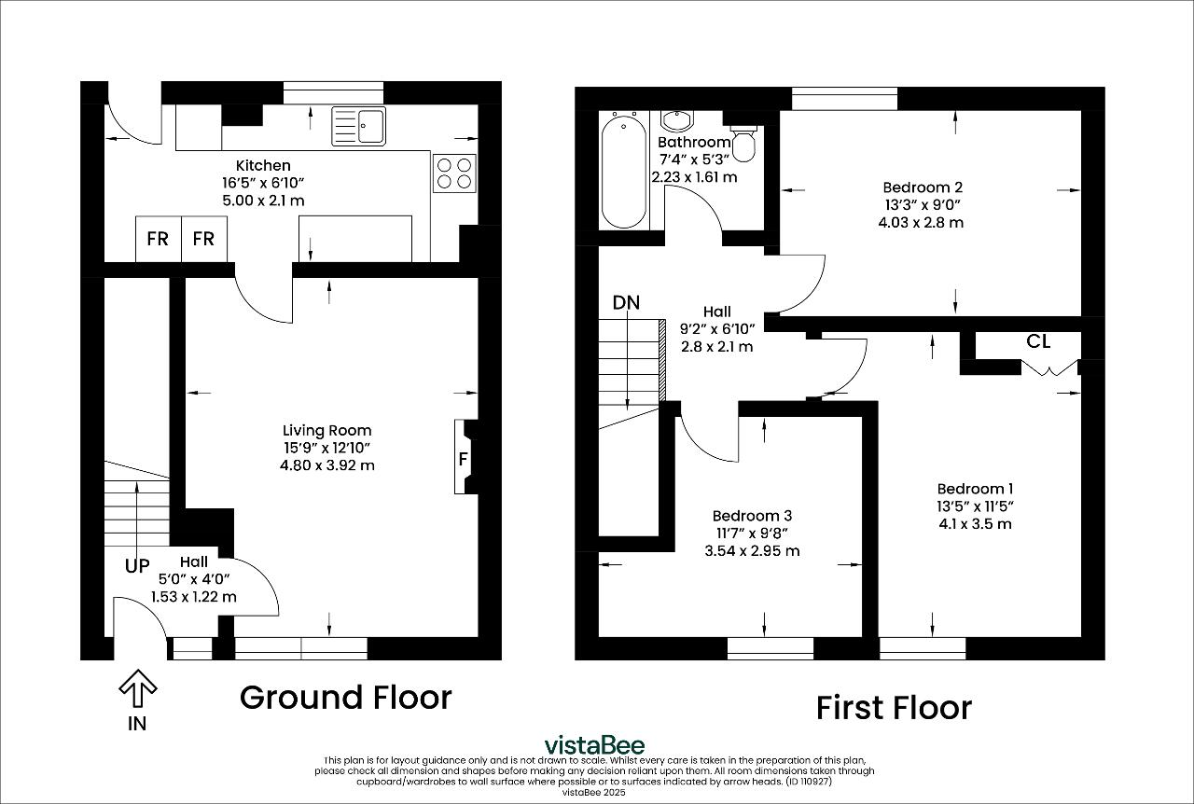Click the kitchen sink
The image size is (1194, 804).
point(358,126)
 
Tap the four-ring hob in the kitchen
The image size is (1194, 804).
point(454,173)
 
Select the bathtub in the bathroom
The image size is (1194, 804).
point(624,171)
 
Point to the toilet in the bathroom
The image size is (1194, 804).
point(743,144)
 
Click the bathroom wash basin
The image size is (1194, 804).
point(677,121)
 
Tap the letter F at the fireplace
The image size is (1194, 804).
point(464,459)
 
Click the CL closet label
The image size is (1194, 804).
point(1038,341)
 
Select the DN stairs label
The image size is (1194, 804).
point(626,303)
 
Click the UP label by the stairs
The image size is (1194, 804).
point(137,565)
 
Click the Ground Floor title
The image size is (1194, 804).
point(345,698)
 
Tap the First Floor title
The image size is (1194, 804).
point(894,708)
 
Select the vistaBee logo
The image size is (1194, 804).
point(594,745)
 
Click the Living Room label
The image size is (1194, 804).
point(326,430)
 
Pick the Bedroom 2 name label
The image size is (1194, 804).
point(923,187)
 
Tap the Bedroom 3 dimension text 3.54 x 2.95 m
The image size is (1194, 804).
point(752,550)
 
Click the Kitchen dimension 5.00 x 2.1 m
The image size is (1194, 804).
point(263,201)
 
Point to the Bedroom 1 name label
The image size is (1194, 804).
point(975,489)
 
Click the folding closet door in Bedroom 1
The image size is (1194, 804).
point(1050,368)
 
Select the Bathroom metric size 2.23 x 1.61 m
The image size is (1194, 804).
point(695,177)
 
